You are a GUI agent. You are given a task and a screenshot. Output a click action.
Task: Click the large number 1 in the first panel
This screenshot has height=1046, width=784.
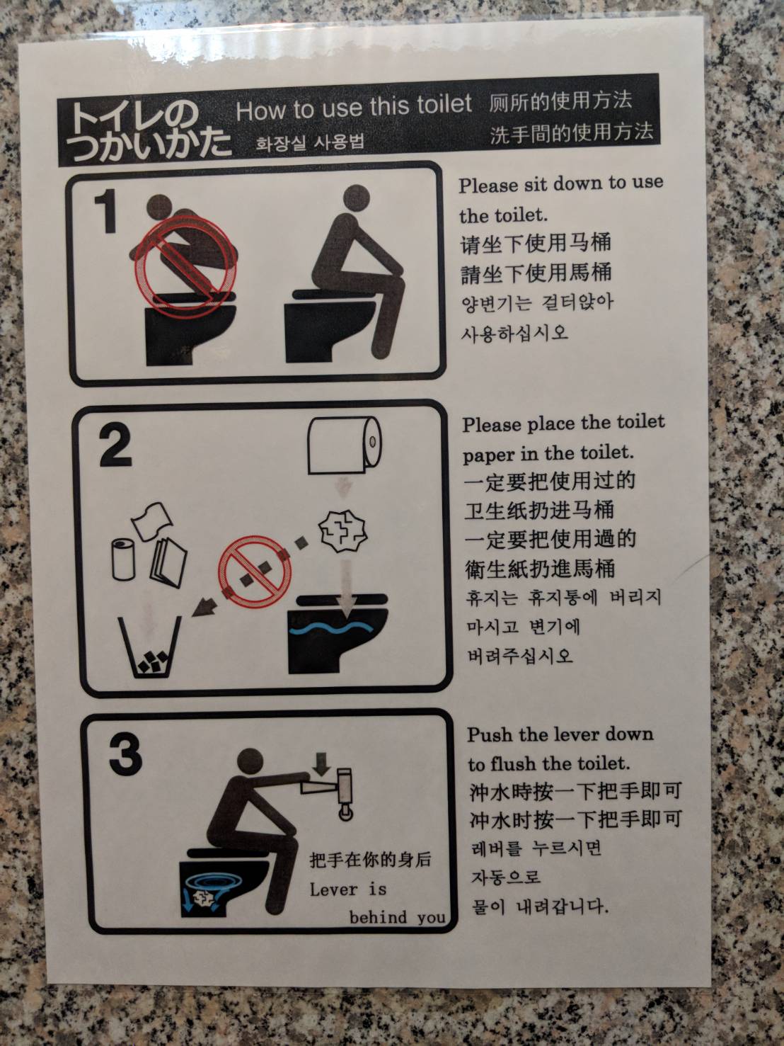(x=106, y=210)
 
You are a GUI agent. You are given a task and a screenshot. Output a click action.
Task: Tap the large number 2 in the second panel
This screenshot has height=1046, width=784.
(x=115, y=445)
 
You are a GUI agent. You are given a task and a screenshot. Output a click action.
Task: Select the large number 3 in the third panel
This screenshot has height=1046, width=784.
(x=126, y=754)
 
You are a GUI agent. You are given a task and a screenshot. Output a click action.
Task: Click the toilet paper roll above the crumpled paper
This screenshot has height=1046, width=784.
(x=345, y=445)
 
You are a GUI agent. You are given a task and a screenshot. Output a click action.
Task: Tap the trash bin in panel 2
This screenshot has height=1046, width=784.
(x=150, y=647)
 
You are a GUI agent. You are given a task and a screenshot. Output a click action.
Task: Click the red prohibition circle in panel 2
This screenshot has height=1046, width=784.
(x=255, y=572)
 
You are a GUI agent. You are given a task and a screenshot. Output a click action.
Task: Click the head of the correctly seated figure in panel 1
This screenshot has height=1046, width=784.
(x=356, y=198)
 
